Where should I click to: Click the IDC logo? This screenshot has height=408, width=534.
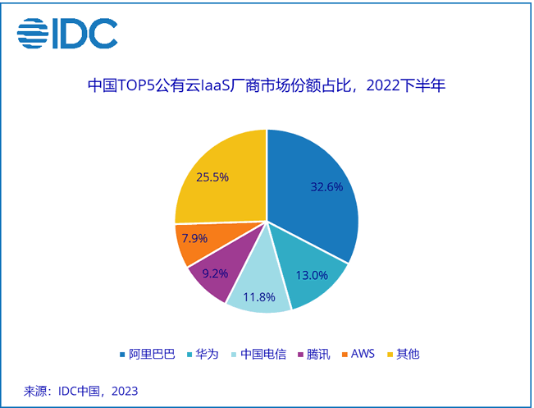pos(67,34)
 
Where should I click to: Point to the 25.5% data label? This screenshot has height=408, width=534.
pos(212,176)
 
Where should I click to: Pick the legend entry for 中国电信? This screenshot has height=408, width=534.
pos(258,354)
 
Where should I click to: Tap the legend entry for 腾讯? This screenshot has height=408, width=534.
pos(320,354)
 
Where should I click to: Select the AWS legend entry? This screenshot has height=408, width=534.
pos(362,354)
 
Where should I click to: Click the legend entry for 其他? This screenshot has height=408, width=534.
pos(407,354)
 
